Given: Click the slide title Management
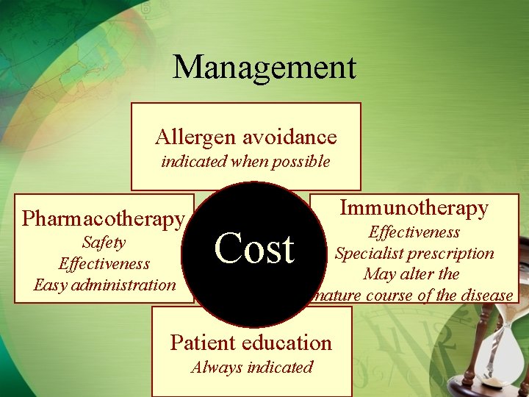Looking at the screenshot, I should [x=264, y=67].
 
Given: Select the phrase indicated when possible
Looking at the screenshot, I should [x=245, y=162].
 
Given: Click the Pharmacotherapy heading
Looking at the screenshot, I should [x=103, y=218].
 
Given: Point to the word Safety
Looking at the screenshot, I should [x=104, y=242].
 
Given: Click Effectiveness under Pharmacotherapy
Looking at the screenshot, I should [x=104, y=263].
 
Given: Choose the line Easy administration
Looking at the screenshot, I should [x=104, y=285].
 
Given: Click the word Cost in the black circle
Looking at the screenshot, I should [x=254, y=248].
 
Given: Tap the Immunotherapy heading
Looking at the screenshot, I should [x=414, y=208].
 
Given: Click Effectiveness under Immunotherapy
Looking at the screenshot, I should [x=414, y=232].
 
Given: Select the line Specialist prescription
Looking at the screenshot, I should [x=414, y=254].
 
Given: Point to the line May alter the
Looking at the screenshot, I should [x=411, y=274].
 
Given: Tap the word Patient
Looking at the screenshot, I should [x=204, y=343].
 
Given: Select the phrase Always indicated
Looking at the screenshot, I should [x=251, y=368].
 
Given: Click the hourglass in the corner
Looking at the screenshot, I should [x=506, y=346].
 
